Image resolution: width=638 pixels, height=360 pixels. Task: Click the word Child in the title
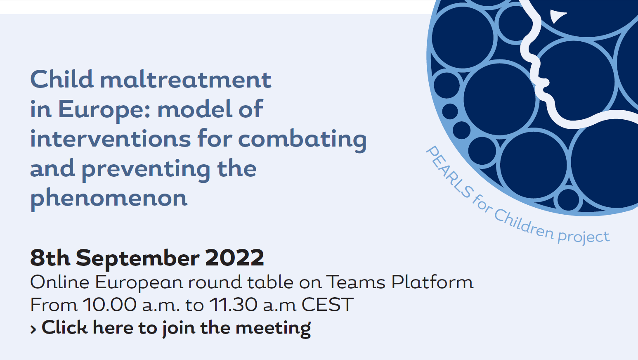pos(62,79)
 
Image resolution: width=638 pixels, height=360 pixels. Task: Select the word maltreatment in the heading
pos(186,80)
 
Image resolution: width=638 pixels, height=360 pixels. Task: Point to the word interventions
pos(110,139)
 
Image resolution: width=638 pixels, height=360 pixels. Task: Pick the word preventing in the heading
pos(146,170)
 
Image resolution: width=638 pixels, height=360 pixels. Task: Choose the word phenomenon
pos(109,199)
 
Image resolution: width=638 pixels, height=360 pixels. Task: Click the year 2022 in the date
pos(234,258)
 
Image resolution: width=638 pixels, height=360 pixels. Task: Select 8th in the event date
pos(50,258)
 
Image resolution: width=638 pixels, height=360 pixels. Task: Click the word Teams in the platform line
pos(356,282)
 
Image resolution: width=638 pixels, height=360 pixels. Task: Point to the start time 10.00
pos(110,305)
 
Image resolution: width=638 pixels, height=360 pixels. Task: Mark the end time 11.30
pos(233,305)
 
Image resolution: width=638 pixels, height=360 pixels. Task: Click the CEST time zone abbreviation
pos(328,305)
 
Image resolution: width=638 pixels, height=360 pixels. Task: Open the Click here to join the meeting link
pos(176,328)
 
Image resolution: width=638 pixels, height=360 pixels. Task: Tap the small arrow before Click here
pos(33,329)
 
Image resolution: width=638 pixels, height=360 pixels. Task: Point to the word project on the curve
pos(583,237)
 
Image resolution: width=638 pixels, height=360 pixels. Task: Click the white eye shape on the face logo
pos(557,16)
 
